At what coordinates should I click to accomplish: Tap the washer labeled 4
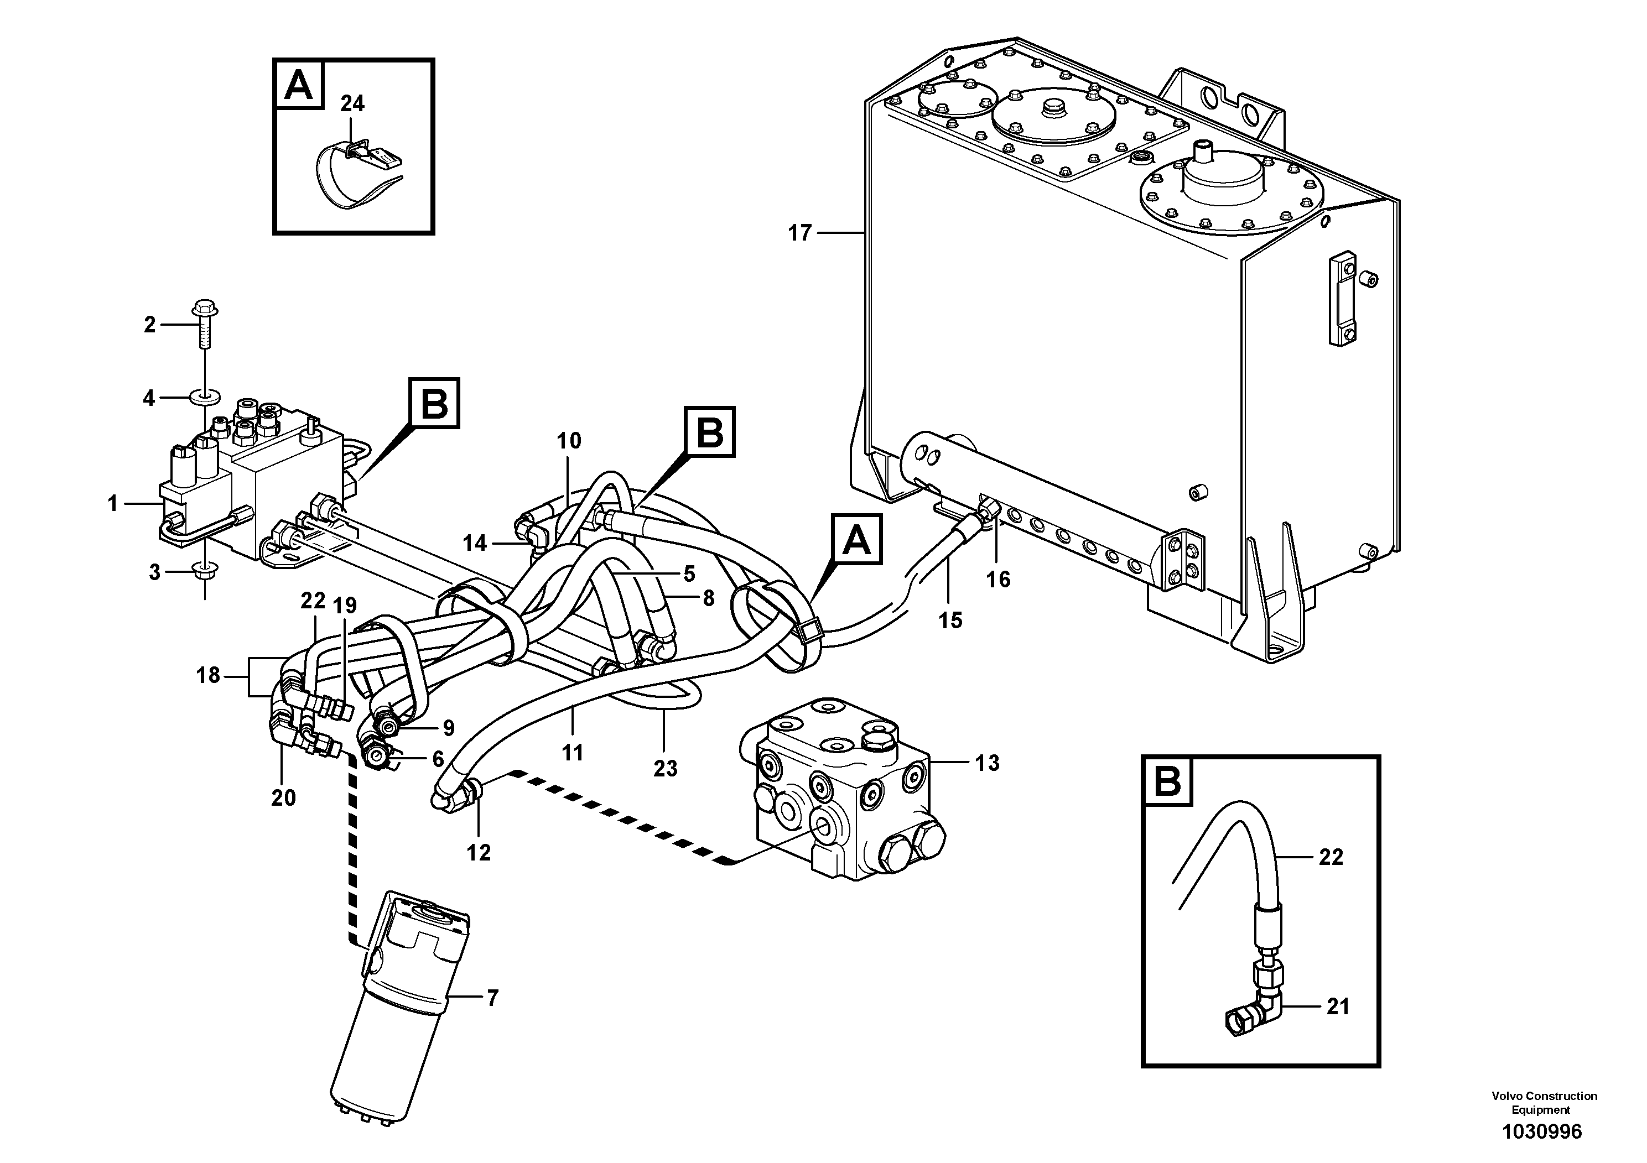click(x=205, y=397)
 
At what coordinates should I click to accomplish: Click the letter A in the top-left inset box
click(x=298, y=85)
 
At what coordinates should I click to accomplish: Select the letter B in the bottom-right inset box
click(x=1168, y=781)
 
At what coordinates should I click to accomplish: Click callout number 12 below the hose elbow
click(x=479, y=853)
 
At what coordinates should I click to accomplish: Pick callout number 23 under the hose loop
click(x=665, y=769)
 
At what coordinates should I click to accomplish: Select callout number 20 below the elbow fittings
click(x=283, y=798)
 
